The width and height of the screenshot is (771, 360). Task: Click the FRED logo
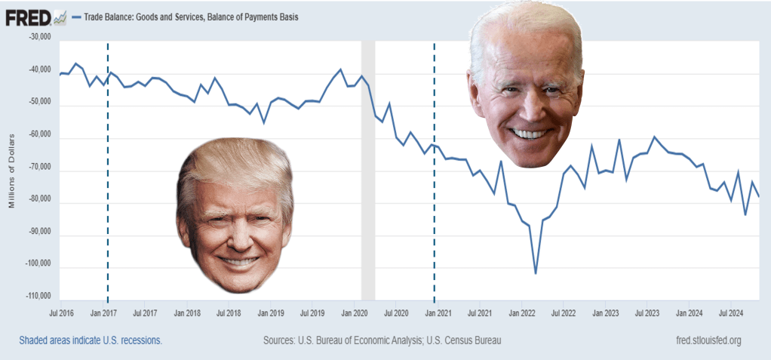[x=28, y=17]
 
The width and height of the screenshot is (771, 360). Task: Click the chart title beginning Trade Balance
[x=189, y=17]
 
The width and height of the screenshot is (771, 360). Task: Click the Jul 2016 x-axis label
[x=61, y=311]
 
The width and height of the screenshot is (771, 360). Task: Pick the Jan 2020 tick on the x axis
[x=354, y=311]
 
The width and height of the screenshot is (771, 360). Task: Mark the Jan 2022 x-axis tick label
[x=522, y=311]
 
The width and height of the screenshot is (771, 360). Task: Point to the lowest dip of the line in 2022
[x=536, y=273]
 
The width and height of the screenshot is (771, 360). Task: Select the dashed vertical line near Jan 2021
[x=435, y=226]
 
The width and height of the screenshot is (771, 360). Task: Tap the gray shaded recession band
[x=368, y=189]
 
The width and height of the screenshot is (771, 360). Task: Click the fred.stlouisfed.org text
[x=699, y=340]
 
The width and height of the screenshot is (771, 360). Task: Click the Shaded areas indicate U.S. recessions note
[x=91, y=340]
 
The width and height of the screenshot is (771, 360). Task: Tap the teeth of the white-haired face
[x=530, y=134]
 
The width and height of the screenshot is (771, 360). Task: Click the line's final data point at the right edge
[x=759, y=197]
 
